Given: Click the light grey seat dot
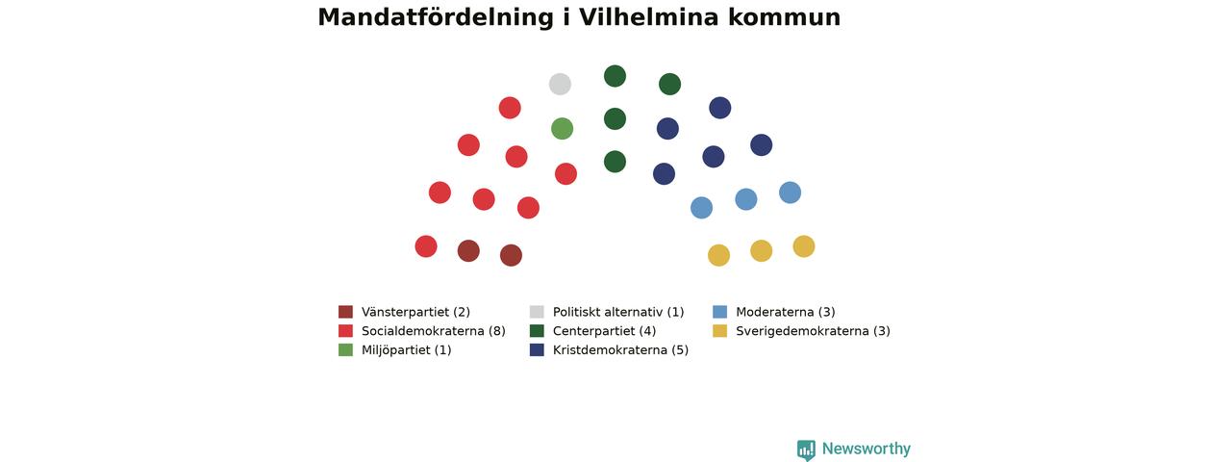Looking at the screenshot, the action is [560, 84].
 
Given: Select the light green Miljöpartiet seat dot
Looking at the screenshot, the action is [563, 129].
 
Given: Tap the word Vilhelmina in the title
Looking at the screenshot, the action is [649, 17].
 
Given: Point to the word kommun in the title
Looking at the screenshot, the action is [785, 17].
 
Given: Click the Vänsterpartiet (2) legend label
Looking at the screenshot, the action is [416, 312].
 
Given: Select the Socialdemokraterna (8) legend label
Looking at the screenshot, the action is [434, 331].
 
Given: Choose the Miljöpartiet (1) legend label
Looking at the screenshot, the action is [407, 349].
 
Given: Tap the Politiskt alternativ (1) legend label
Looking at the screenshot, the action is [618, 312].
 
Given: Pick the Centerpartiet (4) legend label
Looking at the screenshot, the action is [605, 331].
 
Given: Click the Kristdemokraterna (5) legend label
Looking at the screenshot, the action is [620, 349].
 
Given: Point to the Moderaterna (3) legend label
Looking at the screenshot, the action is [786, 312].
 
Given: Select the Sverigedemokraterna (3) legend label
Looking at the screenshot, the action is [813, 331].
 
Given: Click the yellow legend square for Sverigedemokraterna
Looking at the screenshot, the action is [720, 330].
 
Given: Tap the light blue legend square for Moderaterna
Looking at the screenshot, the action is [720, 312].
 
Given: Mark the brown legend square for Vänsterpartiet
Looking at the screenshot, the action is [345, 312].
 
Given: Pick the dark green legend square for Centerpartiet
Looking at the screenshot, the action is [537, 330].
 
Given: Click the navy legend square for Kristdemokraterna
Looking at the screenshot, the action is [537, 349].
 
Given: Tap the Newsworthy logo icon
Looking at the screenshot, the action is [806, 449].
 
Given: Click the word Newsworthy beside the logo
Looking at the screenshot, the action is [867, 449].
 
